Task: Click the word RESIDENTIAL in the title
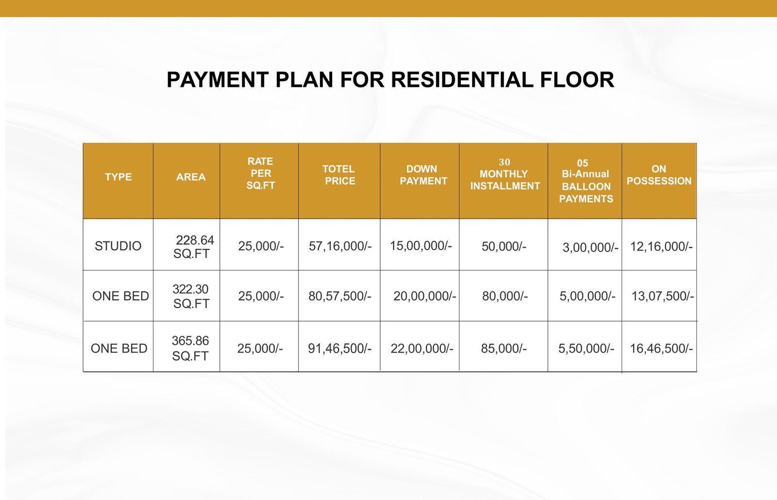(x=462, y=80)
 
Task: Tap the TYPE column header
(x=118, y=177)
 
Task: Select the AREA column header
(x=191, y=177)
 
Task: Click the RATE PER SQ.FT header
(x=260, y=173)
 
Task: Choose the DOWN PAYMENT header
(x=423, y=175)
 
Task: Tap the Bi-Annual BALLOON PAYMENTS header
(x=586, y=181)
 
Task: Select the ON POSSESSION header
(x=659, y=175)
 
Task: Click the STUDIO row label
(x=118, y=246)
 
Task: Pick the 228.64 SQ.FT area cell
(x=194, y=247)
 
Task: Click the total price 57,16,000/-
(x=340, y=246)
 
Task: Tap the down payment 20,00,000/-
(x=424, y=296)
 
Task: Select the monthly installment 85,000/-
(x=504, y=348)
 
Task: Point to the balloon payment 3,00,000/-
(x=591, y=247)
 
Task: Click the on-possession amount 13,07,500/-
(x=662, y=296)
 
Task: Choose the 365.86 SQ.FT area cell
(x=190, y=348)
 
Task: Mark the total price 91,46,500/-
(x=339, y=348)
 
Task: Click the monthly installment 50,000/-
(x=504, y=246)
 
